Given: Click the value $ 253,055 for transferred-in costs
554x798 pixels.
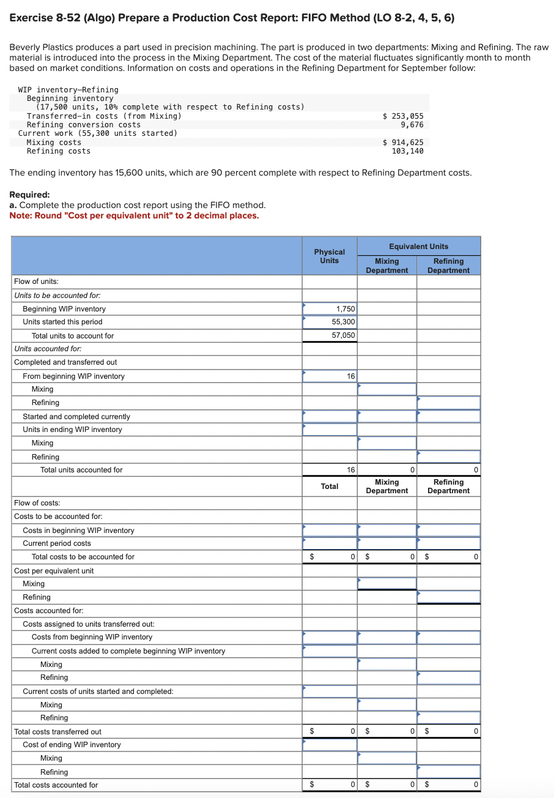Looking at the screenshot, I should click(402, 116).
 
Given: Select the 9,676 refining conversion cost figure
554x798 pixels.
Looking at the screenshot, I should click(412, 124).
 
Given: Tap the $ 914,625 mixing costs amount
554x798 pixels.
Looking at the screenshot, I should click(402, 142).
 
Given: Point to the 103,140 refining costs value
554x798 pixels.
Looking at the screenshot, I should click(407, 151).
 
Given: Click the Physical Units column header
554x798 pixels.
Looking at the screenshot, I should click(329, 256).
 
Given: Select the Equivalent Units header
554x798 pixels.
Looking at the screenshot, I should click(419, 246).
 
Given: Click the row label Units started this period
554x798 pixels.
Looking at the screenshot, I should click(62, 322).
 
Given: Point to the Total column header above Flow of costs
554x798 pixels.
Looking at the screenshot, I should click(329, 487).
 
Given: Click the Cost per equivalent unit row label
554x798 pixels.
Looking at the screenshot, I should click(54, 570).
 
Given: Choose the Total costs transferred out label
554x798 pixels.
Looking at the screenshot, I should click(57, 732).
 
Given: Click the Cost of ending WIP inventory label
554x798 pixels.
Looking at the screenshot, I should click(72, 745).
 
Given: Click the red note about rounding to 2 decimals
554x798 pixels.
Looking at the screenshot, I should click(134, 215).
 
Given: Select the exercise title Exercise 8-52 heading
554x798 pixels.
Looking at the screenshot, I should click(232, 18).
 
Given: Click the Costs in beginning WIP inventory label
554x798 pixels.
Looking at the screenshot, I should click(78, 531).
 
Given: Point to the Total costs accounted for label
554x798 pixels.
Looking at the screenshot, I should click(56, 785).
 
